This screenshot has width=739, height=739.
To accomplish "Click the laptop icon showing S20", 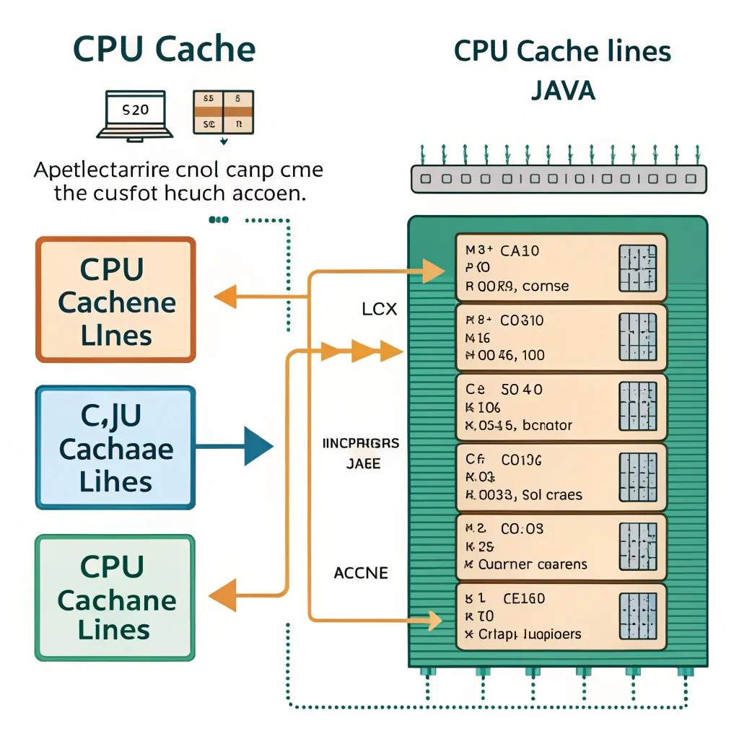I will [135, 114].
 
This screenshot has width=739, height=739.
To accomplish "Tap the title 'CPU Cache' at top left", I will [164, 51].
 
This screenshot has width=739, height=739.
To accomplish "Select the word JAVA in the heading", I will [563, 90].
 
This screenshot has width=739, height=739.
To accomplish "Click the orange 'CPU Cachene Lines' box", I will [115, 299].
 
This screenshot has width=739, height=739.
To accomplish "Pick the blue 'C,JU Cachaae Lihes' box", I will [115, 447].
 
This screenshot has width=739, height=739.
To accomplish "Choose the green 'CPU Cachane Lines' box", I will [115, 598].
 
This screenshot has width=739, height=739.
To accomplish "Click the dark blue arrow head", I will [257, 447].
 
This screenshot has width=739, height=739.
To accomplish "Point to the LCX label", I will [380, 310].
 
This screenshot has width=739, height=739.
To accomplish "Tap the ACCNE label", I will [361, 573].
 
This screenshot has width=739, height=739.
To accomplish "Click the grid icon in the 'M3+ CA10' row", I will [638, 268].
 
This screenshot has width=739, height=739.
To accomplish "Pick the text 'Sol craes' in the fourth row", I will [543, 495].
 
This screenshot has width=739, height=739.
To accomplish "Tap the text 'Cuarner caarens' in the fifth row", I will [533, 564].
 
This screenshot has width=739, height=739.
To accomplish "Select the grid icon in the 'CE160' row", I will [638, 616].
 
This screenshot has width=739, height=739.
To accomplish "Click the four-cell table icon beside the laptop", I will [223, 112].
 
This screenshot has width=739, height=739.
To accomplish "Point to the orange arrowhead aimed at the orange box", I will [225, 295].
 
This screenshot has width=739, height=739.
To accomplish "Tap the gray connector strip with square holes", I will [559, 178].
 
